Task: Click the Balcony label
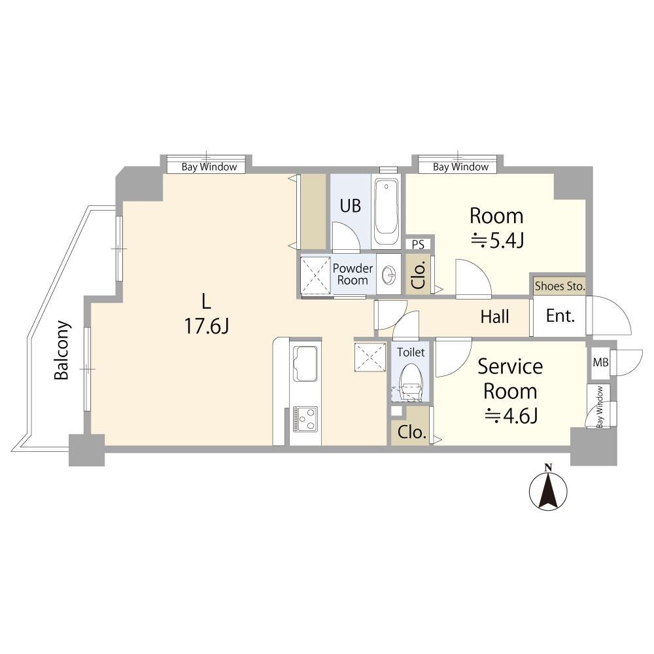(x=61, y=350)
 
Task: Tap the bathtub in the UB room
(x=386, y=212)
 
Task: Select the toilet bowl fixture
(x=411, y=381)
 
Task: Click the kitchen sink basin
(x=305, y=364)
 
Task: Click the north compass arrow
(x=548, y=488)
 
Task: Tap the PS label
(x=418, y=245)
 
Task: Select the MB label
(x=600, y=362)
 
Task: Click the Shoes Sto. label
(x=560, y=286)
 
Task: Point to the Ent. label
(x=560, y=316)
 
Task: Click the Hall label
(x=494, y=317)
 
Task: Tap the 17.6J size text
(x=207, y=326)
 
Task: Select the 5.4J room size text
(x=497, y=241)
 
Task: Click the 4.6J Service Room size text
(x=511, y=416)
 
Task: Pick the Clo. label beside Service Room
(x=411, y=432)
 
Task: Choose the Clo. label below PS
(x=419, y=275)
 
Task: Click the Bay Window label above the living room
(x=209, y=167)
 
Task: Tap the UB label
(x=350, y=205)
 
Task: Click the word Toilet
(x=411, y=353)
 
